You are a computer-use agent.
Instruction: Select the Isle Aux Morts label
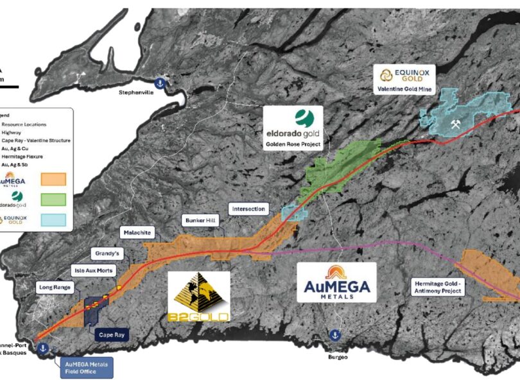[x=93, y=271]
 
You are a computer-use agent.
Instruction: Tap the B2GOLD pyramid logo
[x=198, y=296]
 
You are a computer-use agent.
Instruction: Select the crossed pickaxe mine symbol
[x=457, y=123]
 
